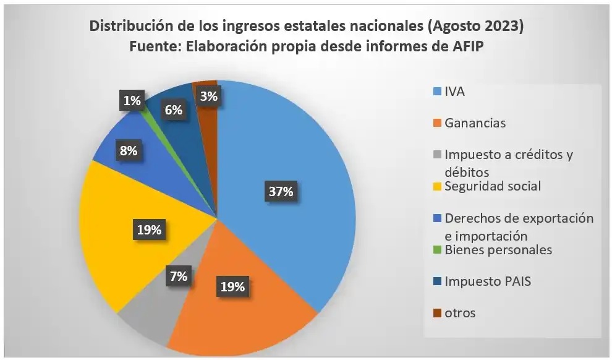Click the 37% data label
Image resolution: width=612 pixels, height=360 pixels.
tap(280, 192)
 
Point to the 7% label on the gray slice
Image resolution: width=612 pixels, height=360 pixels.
tap(179, 276)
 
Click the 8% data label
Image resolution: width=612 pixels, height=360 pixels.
tap(129, 150)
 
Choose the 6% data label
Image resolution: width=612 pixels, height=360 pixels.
tap(174, 110)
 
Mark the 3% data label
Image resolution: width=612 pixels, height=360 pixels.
tap(208, 96)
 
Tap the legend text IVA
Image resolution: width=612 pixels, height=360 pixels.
tap(454, 92)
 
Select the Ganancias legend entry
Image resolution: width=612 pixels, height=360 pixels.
tap(475, 123)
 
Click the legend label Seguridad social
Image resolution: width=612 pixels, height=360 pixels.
tap(493, 186)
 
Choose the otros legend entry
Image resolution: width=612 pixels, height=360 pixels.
tap(460, 312)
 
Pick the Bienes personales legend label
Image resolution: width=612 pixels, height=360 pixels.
tap(498, 249)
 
